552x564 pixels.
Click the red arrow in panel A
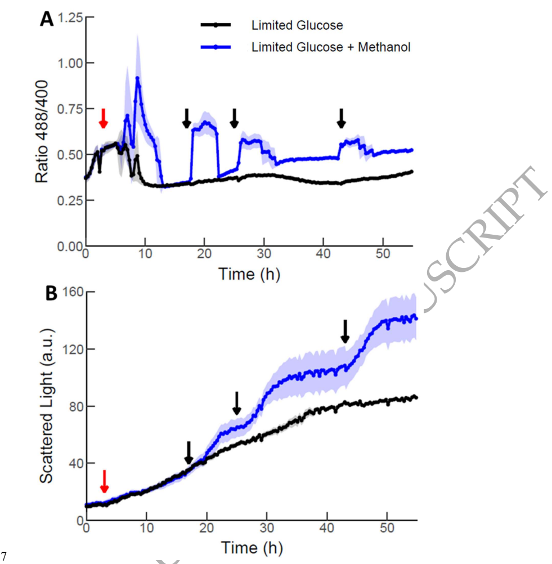point(102,118)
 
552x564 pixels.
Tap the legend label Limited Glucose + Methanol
point(331,47)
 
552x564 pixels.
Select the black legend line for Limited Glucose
point(215,25)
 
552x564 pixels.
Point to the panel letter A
point(47,20)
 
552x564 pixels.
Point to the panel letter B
point(51,293)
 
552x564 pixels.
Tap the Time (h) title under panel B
point(251,547)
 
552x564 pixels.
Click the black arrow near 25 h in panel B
point(236,402)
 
